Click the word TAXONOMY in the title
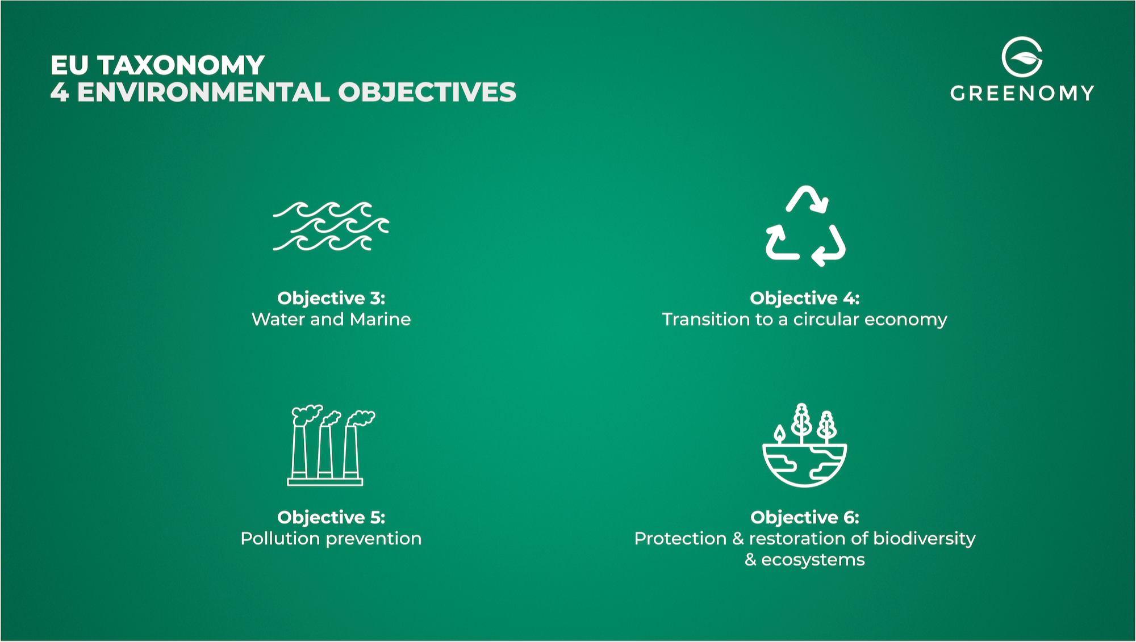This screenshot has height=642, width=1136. [x=181, y=65]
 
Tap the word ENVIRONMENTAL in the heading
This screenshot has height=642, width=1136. [x=203, y=93]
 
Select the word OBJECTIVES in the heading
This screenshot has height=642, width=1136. [x=427, y=93]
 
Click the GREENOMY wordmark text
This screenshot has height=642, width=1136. [x=1022, y=93]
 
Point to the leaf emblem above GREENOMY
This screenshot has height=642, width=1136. [x=1022, y=57]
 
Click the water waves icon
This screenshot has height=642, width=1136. [x=331, y=226]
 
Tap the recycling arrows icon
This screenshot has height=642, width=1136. [x=805, y=226]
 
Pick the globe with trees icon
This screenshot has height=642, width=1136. [x=804, y=445]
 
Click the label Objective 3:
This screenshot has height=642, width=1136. [x=331, y=298]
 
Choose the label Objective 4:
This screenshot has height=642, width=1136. [x=805, y=298]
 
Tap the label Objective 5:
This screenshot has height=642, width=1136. [x=331, y=517]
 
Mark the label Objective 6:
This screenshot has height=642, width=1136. [x=805, y=517]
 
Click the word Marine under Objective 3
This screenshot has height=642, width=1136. [x=380, y=320]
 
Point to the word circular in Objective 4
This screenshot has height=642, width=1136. [x=826, y=320]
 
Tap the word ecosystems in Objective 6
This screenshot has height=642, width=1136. [x=813, y=560]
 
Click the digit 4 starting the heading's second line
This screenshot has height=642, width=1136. [x=60, y=93]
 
